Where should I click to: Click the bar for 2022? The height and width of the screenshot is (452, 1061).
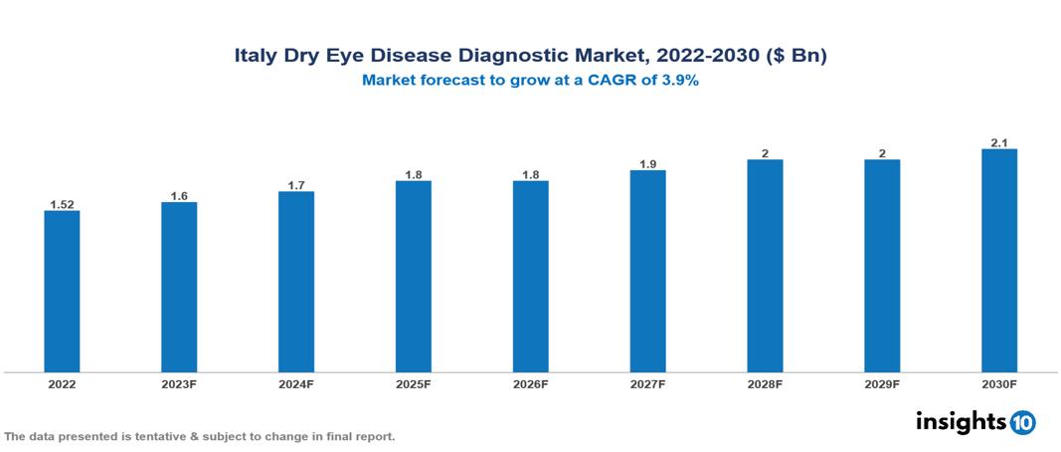[x=62, y=291]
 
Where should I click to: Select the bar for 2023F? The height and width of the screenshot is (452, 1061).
[x=179, y=287]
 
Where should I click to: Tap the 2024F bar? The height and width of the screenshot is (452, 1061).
[x=296, y=282]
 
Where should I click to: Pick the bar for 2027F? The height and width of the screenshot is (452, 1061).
[x=647, y=271]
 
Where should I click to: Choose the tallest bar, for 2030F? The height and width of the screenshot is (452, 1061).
[x=999, y=261]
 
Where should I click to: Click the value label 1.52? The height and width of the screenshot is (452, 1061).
[x=62, y=205]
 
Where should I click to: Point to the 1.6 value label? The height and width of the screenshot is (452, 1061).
[x=179, y=196]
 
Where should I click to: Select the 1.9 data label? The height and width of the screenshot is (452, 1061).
[x=647, y=164]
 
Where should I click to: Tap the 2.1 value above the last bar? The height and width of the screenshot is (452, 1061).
[x=999, y=143]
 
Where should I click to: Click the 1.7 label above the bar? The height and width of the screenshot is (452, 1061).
[x=296, y=185]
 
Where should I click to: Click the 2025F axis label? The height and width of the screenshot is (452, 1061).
[x=413, y=383]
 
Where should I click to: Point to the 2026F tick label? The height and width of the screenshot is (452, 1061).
[x=530, y=383]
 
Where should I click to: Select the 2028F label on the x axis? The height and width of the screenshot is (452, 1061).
[x=765, y=383]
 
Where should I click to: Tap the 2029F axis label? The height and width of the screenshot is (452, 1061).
[x=882, y=383]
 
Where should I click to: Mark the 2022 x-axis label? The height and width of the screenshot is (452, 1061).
[x=62, y=383]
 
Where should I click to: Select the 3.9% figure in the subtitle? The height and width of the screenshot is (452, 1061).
[x=677, y=81]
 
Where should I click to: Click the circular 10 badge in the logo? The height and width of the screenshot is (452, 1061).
[x=1022, y=422]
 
